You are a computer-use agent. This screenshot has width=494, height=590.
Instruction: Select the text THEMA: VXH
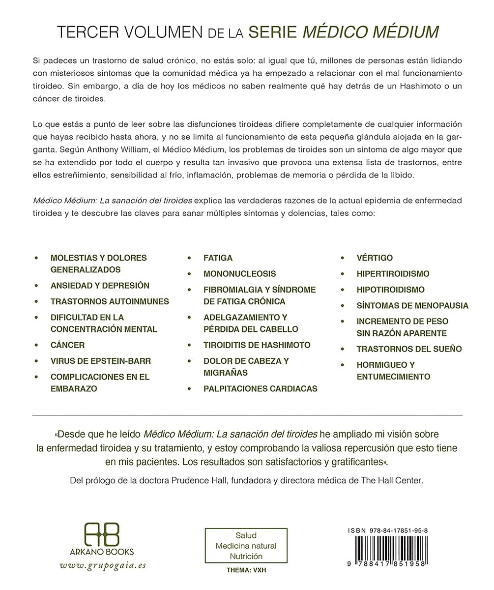246,571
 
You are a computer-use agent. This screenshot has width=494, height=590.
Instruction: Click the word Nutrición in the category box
246,556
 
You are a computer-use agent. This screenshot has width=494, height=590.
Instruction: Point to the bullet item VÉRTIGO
375,258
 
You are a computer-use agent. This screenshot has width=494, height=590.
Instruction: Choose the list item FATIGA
218,258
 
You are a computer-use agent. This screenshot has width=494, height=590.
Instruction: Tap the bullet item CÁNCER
67,345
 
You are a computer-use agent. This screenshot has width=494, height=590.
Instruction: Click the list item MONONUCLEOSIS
240,274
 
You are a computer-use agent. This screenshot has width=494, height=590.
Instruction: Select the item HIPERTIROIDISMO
393,274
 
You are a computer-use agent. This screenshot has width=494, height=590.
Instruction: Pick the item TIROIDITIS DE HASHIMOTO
257,345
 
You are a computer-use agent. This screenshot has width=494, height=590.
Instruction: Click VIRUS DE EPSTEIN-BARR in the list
101,361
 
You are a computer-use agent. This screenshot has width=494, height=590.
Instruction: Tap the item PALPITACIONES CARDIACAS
261,388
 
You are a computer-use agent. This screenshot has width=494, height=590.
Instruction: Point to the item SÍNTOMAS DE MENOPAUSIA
412,305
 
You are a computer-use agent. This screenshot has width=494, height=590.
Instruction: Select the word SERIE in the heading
272,32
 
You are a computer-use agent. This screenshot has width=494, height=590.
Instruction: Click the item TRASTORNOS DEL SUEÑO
409,349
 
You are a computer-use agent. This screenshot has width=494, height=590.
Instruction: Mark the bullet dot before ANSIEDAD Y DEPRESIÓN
36,286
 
